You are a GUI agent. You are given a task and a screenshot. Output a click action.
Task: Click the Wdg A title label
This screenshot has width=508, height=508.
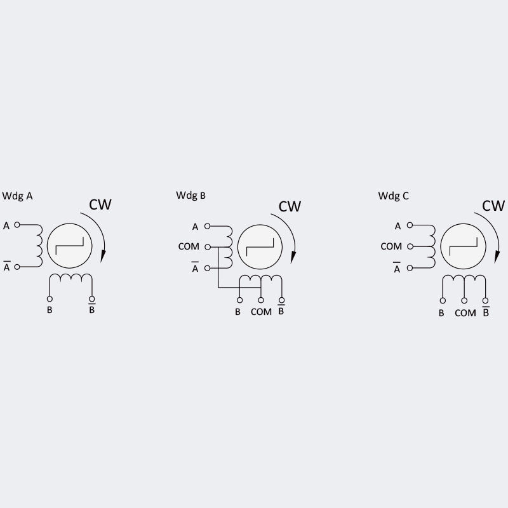tap(18, 196)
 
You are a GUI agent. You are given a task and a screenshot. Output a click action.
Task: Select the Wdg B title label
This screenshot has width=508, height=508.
tap(190, 195)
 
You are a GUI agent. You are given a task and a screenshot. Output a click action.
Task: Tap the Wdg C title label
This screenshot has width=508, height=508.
tap(394, 196)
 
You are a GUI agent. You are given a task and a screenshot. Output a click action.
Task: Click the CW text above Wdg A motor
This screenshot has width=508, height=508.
tap(100, 204)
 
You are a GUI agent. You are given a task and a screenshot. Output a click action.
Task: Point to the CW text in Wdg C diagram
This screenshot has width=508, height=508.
tap(493, 206)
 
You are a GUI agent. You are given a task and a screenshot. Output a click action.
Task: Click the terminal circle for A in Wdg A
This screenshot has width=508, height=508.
tap(17, 225)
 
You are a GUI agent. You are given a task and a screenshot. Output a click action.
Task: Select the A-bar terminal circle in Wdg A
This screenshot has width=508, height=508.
tap(17, 267)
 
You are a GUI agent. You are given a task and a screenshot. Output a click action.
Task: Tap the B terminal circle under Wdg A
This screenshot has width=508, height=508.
tap(50, 299)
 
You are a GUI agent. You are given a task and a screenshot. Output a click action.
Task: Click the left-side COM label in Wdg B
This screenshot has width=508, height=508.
tap(189, 246)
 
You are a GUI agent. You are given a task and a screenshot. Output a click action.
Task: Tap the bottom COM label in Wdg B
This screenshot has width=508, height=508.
tap(261, 312)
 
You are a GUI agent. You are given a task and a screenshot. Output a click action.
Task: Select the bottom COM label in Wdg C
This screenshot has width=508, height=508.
tap(465, 312)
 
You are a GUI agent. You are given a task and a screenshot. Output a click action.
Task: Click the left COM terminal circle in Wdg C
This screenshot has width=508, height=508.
tap(410, 246)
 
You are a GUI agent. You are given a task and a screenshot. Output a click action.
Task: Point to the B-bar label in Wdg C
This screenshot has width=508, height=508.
tap(486, 312)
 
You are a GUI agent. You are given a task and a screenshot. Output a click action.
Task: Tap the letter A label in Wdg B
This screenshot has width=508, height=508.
tap(195, 227)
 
